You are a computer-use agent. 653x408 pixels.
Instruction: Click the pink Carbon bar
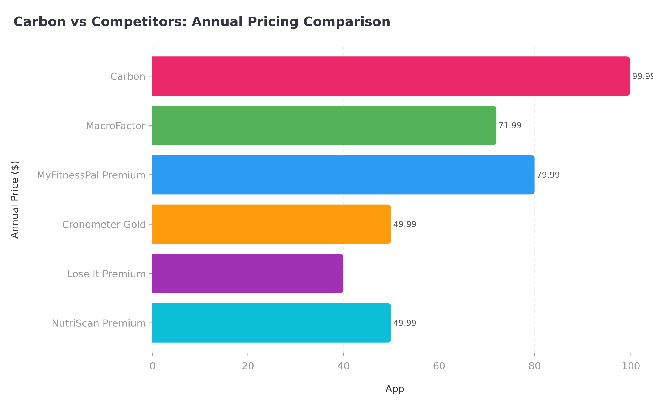[x=391, y=76]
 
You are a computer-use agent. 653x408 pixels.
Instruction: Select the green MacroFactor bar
[x=324, y=125]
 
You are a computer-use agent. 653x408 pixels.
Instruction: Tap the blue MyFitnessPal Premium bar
[x=343, y=175]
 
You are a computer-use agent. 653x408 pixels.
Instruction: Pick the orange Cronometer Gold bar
[x=272, y=224]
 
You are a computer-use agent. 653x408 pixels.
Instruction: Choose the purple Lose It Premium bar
[x=248, y=273]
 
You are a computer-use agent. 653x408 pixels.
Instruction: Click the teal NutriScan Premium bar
[x=272, y=323]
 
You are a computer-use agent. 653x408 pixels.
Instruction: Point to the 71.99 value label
[x=510, y=126]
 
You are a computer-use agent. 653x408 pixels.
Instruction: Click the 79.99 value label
[x=548, y=175]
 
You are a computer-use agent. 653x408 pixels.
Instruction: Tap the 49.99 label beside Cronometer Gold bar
[x=405, y=224]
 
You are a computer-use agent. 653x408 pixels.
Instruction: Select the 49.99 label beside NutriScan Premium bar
[x=405, y=323]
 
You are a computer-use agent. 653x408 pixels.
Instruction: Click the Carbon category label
[x=128, y=77]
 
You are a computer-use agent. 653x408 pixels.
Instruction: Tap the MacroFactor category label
[x=116, y=126]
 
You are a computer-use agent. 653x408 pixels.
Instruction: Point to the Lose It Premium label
[x=106, y=274]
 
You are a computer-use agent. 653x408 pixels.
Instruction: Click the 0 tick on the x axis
[x=152, y=366]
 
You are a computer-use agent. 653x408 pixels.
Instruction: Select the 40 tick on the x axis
[x=343, y=366]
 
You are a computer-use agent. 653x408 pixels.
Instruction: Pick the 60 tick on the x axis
[x=439, y=366]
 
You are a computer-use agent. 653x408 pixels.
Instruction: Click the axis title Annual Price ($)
[x=15, y=200]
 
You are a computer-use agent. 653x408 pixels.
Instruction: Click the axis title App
[x=395, y=389]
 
